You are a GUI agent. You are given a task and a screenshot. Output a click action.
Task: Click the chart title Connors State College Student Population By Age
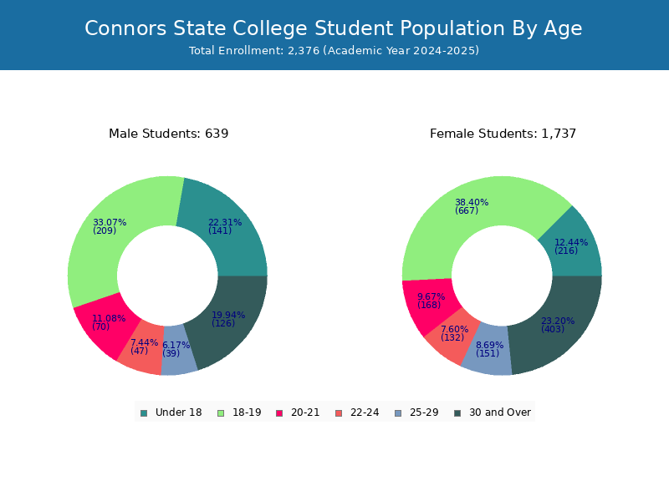(x=333, y=29)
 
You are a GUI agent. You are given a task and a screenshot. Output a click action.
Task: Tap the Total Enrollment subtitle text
(x=334, y=51)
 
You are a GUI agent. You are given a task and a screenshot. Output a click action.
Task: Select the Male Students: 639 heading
(x=169, y=134)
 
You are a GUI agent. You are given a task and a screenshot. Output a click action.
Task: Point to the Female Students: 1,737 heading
(x=503, y=134)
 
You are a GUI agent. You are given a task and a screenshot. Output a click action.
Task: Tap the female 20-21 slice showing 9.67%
(x=429, y=305)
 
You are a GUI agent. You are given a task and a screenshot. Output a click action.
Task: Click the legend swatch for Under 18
(x=144, y=413)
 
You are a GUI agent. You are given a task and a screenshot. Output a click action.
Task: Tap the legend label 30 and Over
(x=500, y=412)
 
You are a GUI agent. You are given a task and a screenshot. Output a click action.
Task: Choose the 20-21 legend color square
(x=279, y=413)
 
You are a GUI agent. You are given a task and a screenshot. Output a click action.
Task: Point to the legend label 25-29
(x=424, y=412)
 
